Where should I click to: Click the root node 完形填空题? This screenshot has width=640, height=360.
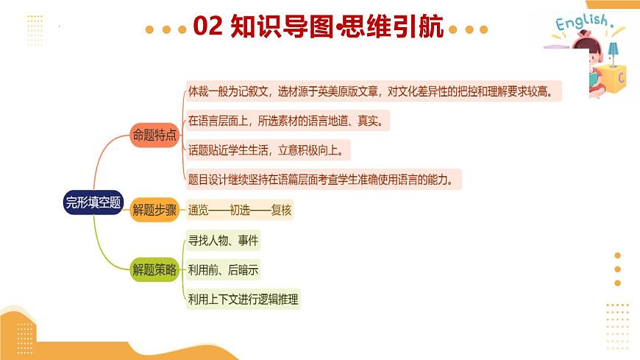tap(93, 203)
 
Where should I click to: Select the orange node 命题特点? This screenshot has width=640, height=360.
tap(154, 135)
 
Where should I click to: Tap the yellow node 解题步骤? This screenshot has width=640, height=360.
tap(154, 211)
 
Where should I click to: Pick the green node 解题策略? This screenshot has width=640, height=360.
tap(154, 270)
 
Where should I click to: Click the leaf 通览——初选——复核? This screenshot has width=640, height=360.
tap(240, 211)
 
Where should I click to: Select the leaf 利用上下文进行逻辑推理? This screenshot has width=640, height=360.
tap(243, 300)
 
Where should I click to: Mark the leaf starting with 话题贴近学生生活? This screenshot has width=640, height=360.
tap(269, 149)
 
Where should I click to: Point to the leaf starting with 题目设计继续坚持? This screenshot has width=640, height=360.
tap(324, 179)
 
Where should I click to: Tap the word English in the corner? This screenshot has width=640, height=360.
tap(581, 24)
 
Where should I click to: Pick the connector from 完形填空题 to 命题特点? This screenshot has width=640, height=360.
tap(110, 162)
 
